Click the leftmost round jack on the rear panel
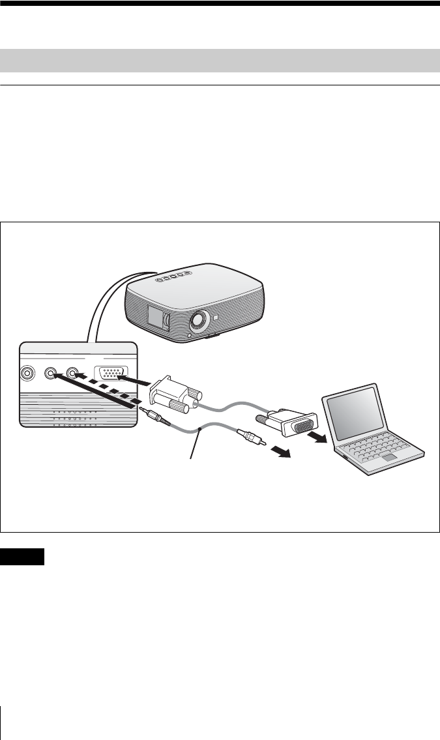coord(28,374)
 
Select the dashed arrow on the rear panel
coord(108,391)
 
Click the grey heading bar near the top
coord(220,60)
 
